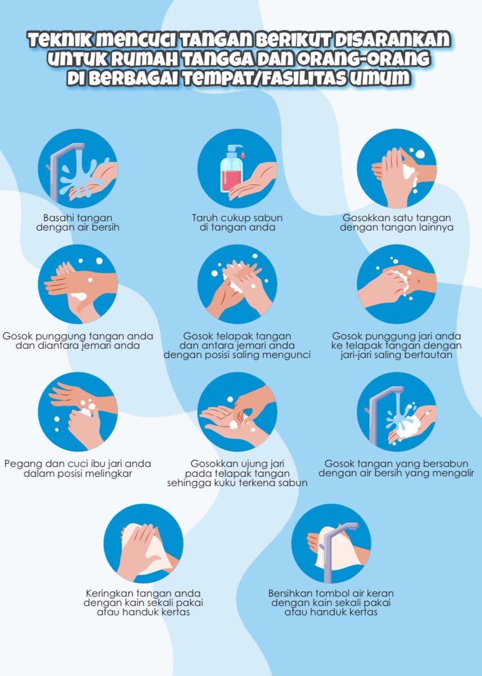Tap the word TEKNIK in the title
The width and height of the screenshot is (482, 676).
tap(60, 41)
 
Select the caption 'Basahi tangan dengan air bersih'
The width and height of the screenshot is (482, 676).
tap(77, 223)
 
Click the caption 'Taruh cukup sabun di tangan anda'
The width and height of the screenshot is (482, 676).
tap(237, 223)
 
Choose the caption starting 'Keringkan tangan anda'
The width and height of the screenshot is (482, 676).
tap(143, 603)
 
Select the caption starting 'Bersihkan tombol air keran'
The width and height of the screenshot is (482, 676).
tap(331, 603)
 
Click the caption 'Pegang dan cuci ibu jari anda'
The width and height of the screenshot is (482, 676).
tap(78, 469)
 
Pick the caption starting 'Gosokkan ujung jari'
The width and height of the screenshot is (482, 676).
tap(237, 473)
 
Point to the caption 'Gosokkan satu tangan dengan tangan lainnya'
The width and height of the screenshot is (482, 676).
tap(398, 223)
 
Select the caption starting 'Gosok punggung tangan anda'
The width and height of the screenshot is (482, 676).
tap(78, 341)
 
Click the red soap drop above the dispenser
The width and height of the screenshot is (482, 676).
tap(243, 153)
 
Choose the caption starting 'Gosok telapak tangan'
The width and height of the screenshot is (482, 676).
tap(237, 345)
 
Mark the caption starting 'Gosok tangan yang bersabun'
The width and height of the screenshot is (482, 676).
tap(396, 469)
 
